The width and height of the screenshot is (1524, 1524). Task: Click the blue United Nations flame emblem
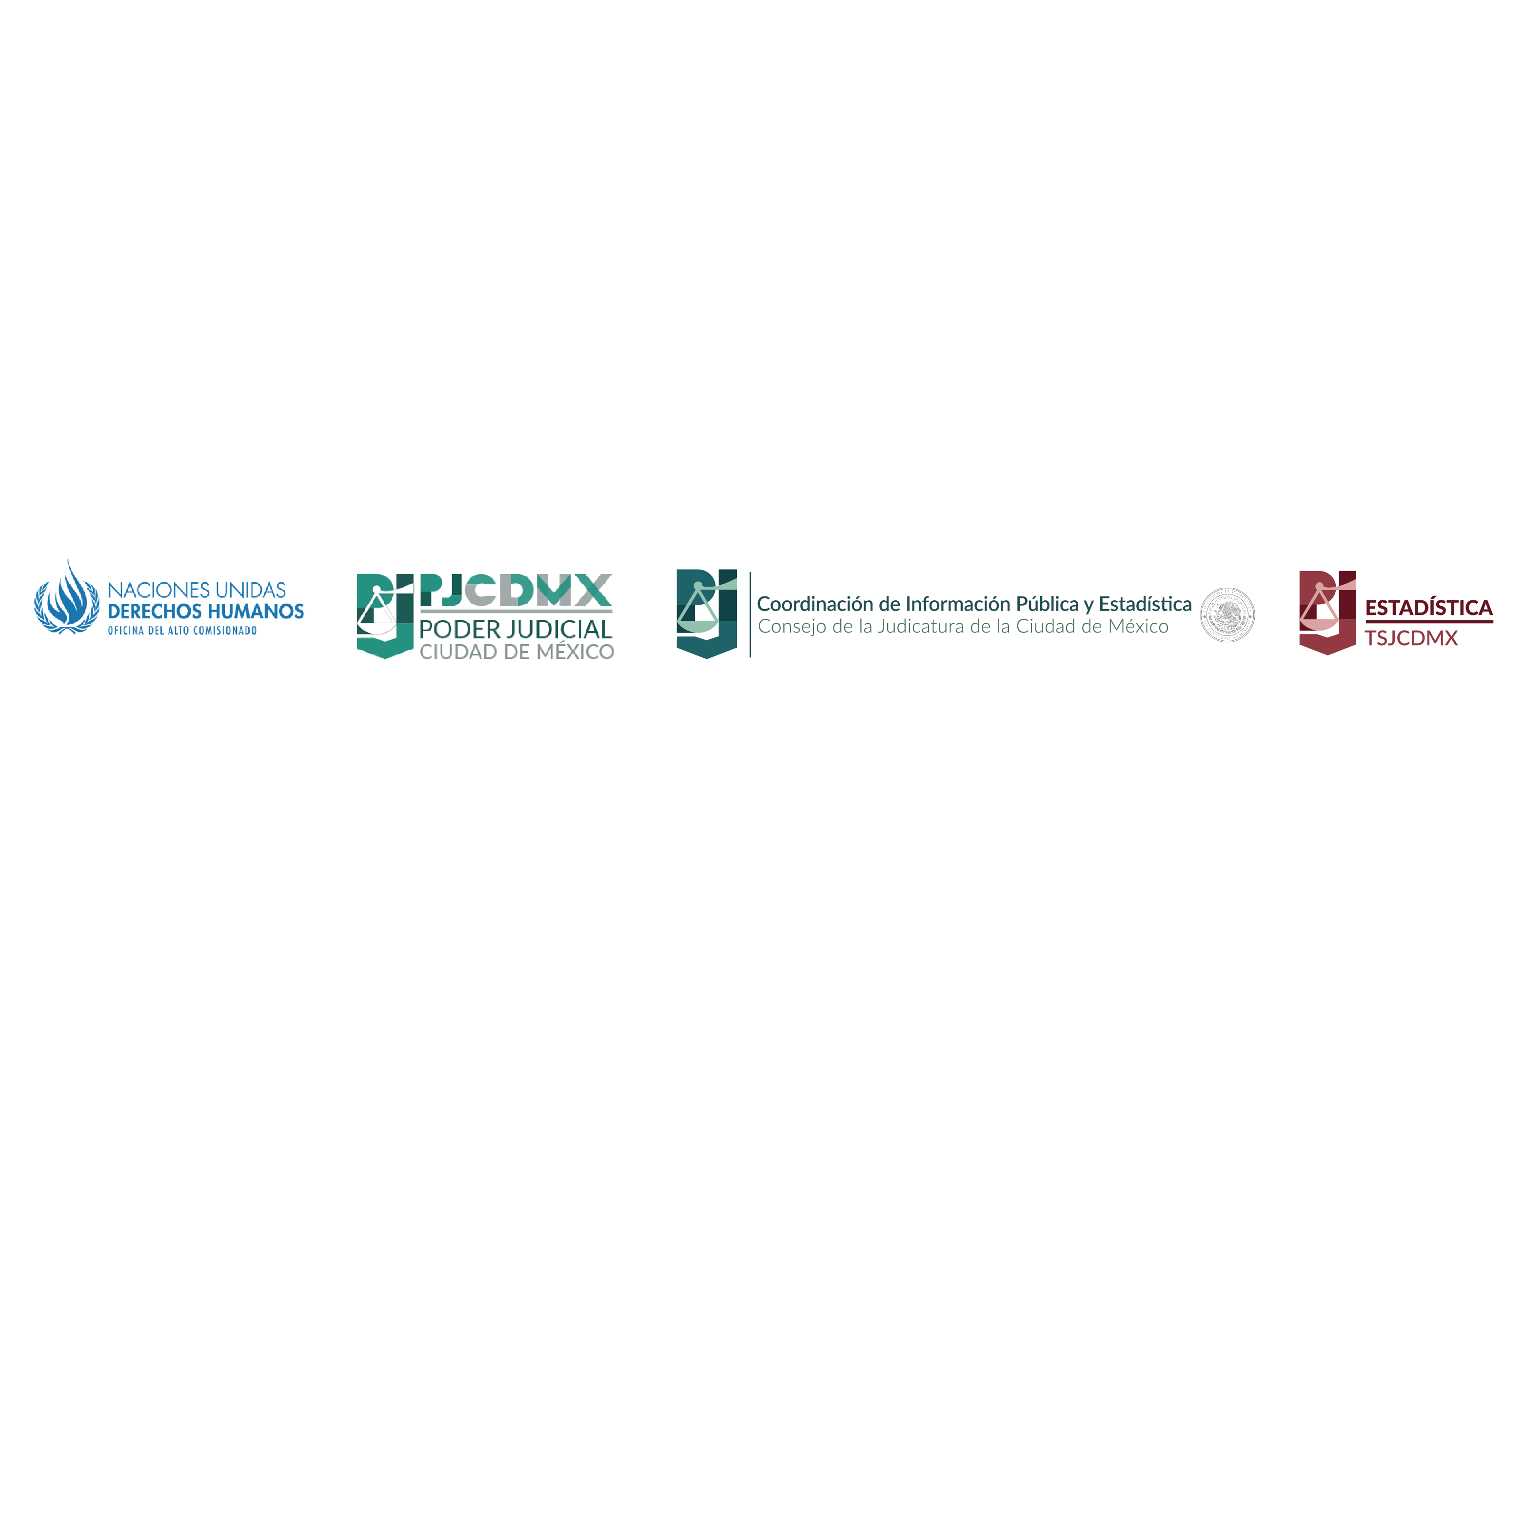click(66, 598)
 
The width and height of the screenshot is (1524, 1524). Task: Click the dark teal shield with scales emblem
click(706, 613)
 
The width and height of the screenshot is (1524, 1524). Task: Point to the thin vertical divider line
click(750, 614)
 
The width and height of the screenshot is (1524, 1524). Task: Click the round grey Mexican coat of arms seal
click(1227, 614)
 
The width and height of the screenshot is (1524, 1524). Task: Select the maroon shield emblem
click(1327, 612)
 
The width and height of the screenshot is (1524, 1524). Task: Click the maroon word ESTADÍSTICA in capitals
click(1428, 608)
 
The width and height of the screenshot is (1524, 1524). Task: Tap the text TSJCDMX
click(1411, 638)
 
